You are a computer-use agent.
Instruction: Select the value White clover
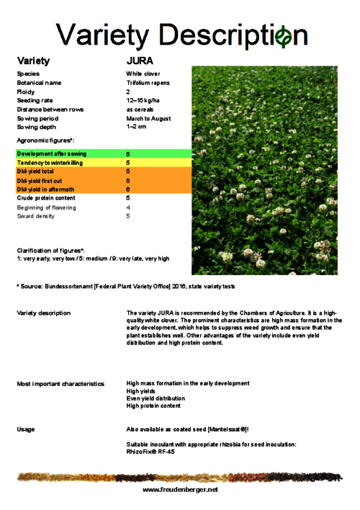143,73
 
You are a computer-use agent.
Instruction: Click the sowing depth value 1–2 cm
136,127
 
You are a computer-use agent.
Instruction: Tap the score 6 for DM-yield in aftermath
128,189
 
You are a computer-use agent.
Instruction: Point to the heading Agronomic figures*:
46,140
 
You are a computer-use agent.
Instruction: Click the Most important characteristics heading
60,384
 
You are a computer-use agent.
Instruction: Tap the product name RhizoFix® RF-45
150,452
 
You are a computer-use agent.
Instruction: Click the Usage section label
26,429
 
